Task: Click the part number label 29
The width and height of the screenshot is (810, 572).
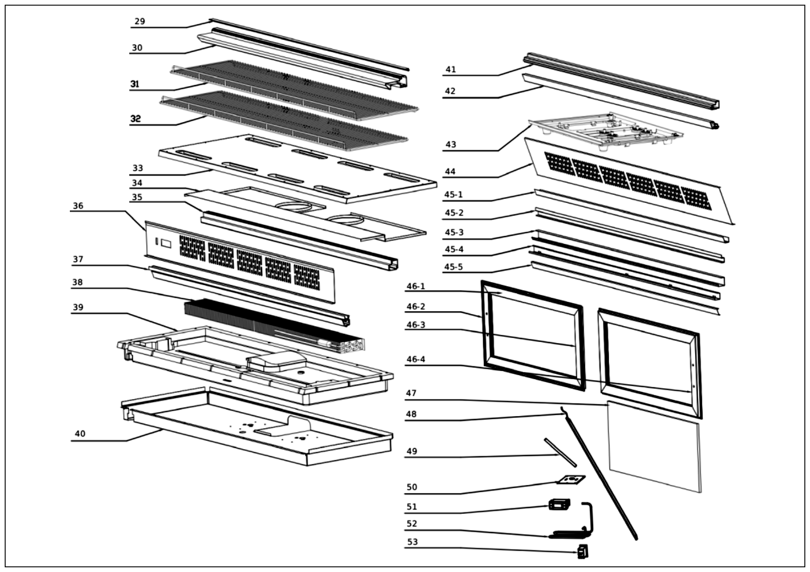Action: [140, 22]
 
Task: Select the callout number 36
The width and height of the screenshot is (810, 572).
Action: [78, 206]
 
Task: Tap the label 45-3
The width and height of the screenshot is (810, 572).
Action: [454, 232]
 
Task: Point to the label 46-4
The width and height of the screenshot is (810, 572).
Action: [416, 359]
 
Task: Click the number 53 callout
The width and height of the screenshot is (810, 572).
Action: [412, 542]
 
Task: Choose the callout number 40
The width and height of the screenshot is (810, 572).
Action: [80, 434]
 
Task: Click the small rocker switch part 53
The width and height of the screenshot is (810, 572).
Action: [583, 551]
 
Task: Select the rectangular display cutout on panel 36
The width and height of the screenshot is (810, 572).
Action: [166, 243]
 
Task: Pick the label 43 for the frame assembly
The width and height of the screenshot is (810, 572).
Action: [451, 144]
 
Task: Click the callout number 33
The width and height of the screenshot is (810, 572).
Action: [138, 168]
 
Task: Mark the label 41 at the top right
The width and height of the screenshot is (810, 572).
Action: [451, 70]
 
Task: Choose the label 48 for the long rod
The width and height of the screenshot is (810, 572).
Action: [411, 414]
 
